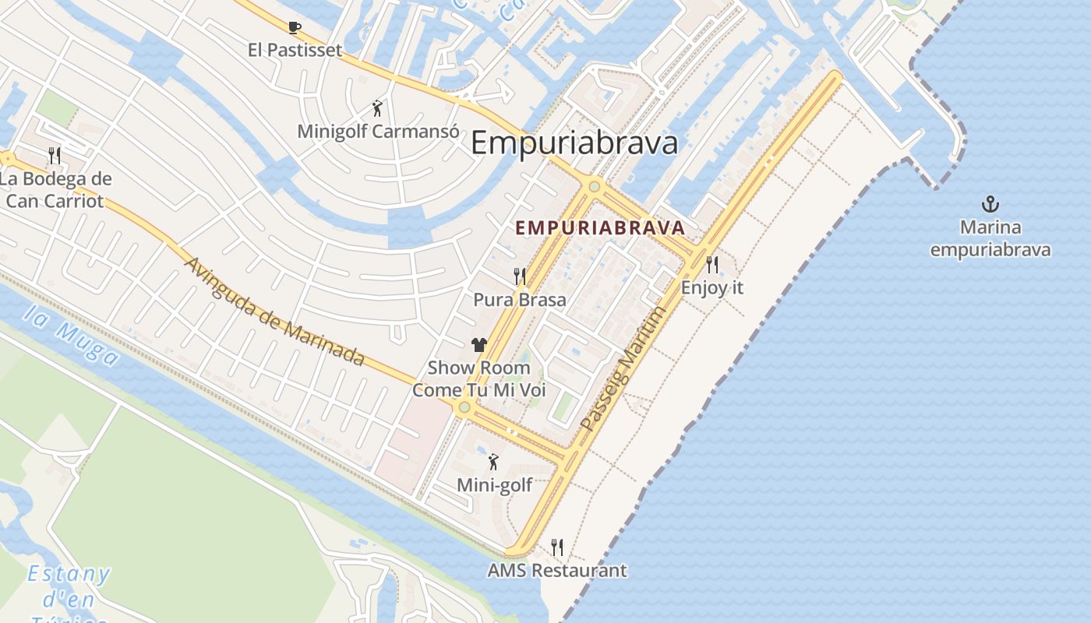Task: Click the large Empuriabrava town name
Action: coord(574,143)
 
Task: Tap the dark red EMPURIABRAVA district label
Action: coord(600,228)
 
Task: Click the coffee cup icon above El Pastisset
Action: coord(295,28)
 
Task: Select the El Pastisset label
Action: coord(295,51)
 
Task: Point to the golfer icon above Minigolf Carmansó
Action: coord(378,108)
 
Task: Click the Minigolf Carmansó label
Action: coord(378,131)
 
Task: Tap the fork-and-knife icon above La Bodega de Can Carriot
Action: coord(55,155)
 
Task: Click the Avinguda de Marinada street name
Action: coord(274,310)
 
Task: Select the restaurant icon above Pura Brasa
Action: coord(520,276)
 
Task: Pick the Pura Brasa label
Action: coord(520,300)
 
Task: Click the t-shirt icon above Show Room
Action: coord(478,345)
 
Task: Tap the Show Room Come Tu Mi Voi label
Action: coord(478,378)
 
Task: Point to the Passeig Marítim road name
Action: coord(624,368)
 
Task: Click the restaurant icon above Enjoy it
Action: coord(711,265)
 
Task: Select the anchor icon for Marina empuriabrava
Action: coord(990,205)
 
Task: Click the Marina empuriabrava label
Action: coord(990,239)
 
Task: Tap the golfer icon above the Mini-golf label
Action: coord(493,463)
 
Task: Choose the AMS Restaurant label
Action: coord(556,571)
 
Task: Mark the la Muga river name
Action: coord(71,336)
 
